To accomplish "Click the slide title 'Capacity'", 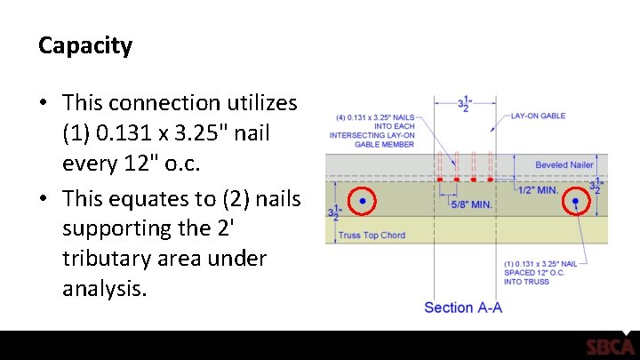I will [x=85, y=45].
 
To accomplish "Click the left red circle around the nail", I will [x=363, y=203].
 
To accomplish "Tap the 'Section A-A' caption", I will [x=463, y=308].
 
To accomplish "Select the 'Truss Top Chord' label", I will [x=372, y=236].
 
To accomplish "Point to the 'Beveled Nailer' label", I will [x=564, y=164].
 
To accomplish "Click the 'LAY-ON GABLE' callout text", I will [x=539, y=116].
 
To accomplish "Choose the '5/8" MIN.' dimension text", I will [x=471, y=205].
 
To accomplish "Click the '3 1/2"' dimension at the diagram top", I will [x=463, y=103].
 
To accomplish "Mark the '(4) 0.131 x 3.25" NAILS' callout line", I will [x=373, y=116].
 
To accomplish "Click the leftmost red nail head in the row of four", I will [x=440, y=179].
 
